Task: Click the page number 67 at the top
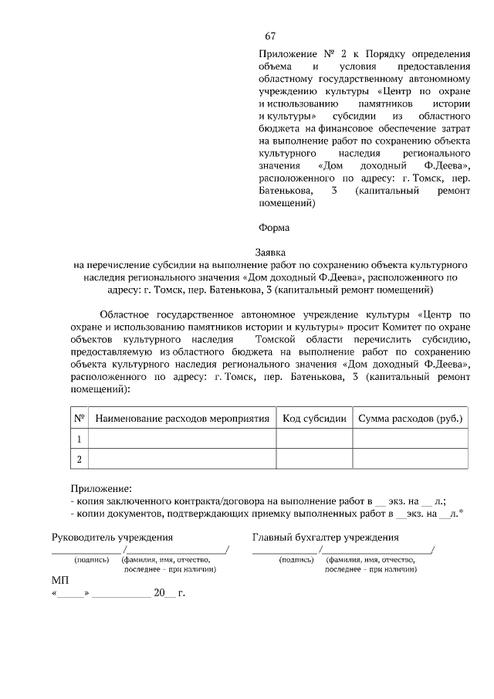(x=270, y=36)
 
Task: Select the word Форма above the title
(x=274, y=227)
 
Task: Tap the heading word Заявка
(x=270, y=252)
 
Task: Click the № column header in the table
(x=79, y=419)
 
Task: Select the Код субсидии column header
(x=314, y=419)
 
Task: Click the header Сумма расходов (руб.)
(x=410, y=419)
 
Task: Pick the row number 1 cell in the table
(x=79, y=439)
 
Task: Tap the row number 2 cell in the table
(x=79, y=460)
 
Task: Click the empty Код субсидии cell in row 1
(x=314, y=439)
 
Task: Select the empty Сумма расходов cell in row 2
(x=410, y=460)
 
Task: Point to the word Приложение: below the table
(x=100, y=488)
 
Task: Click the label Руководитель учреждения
(x=112, y=537)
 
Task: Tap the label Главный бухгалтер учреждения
(x=325, y=537)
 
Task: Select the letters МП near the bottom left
(x=59, y=579)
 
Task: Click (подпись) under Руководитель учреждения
(x=91, y=558)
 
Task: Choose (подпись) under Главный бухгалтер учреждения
(x=296, y=558)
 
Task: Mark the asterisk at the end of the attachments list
(x=461, y=511)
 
